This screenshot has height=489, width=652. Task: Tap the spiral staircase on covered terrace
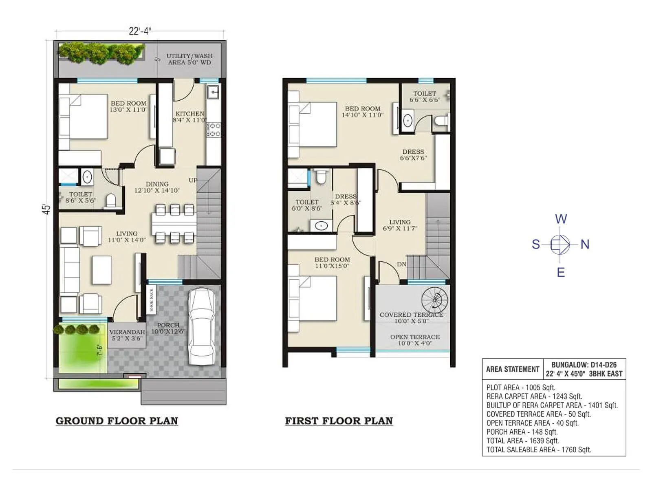click(x=434, y=300)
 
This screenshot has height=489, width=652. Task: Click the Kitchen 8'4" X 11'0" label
click(x=189, y=117)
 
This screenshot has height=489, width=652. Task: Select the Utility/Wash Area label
click(x=189, y=59)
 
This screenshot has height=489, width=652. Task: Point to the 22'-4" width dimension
click(x=140, y=31)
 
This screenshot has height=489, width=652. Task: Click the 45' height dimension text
click(x=46, y=209)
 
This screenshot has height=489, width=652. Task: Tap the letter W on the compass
click(x=561, y=219)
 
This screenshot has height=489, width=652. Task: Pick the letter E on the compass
click(x=561, y=272)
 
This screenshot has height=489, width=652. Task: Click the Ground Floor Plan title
click(x=117, y=421)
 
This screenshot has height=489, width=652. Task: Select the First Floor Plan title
click(x=339, y=421)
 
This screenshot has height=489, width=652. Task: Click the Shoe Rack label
click(x=151, y=300)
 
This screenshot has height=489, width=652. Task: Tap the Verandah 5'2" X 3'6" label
click(x=127, y=335)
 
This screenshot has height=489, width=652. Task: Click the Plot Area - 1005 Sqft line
click(x=520, y=388)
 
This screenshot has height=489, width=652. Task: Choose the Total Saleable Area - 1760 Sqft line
click(x=538, y=449)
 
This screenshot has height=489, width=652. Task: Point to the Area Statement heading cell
click(x=512, y=369)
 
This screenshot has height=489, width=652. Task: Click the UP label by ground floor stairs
click(x=193, y=180)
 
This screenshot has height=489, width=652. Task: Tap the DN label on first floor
click(x=401, y=264)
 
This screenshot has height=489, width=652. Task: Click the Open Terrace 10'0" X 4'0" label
click(x=414, y=340)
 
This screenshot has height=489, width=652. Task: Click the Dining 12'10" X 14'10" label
click(x=157, y=187)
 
